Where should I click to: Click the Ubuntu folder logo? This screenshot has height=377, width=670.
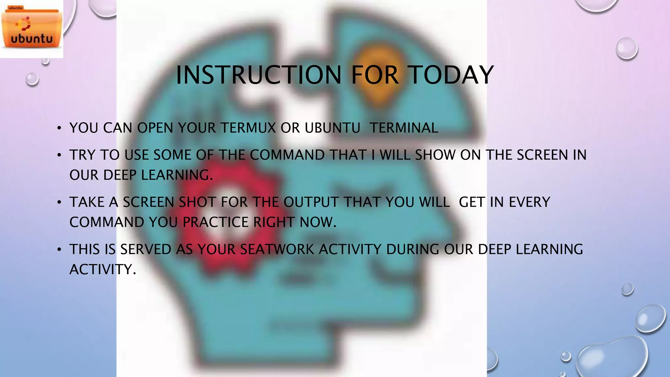(x=31, y=29)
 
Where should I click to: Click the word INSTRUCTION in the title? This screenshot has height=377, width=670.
(x=259, y=75)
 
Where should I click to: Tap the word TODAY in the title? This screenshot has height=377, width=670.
(x=451, y=75)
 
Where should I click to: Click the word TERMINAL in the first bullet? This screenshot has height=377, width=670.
(x=404, y=128)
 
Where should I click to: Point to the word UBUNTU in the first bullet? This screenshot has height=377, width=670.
(x=332, y=128)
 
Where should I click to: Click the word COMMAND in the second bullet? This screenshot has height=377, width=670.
(x=287, y=155)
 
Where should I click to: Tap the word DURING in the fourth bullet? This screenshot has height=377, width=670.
(x=413, y=250)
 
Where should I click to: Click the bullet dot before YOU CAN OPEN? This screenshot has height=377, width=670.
(x=59, y=128)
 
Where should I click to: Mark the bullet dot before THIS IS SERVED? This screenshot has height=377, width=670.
(x=59, y=250)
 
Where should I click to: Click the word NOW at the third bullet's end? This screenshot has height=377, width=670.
(x=317, y=223)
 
